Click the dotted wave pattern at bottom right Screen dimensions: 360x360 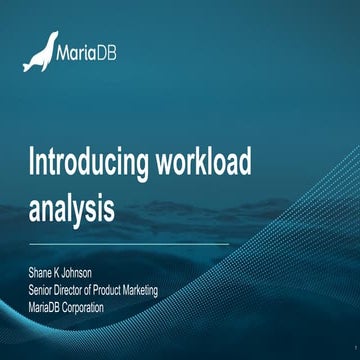pos(300,300)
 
